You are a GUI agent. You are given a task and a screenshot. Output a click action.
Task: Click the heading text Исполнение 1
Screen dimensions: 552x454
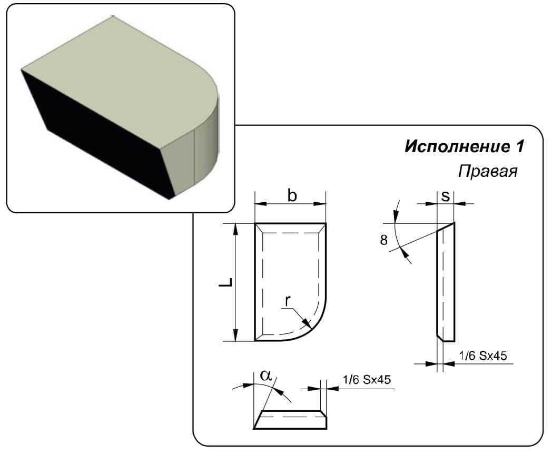point(465,146)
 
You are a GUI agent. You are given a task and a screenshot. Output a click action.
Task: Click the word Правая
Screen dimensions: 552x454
point(488,171)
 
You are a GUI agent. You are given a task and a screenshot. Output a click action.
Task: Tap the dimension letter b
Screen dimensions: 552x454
point(292,195)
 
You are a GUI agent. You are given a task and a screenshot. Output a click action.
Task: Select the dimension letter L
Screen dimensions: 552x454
point(225,282)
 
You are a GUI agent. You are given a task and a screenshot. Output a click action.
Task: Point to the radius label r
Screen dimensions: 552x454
point(288,301)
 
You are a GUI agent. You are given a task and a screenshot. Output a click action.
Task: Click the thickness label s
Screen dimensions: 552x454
point(445,196)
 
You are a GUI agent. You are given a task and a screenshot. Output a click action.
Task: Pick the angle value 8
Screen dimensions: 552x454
point(384,240)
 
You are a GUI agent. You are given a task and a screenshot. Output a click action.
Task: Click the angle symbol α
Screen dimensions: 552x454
point(266,376)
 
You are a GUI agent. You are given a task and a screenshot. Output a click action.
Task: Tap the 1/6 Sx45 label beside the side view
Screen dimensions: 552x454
point(483,356)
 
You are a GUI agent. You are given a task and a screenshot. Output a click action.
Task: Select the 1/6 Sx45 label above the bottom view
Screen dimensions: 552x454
point(367,379)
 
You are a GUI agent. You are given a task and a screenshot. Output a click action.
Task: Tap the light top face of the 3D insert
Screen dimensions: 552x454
point(120,77)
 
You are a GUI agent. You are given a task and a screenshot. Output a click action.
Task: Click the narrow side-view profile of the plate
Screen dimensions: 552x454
point(446,282)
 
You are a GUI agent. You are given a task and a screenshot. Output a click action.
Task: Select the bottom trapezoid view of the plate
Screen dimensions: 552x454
point(290,420)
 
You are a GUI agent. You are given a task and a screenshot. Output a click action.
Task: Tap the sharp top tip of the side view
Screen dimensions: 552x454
point(454,222)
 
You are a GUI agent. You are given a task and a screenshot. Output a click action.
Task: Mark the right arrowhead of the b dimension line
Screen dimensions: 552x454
point(320,203)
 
